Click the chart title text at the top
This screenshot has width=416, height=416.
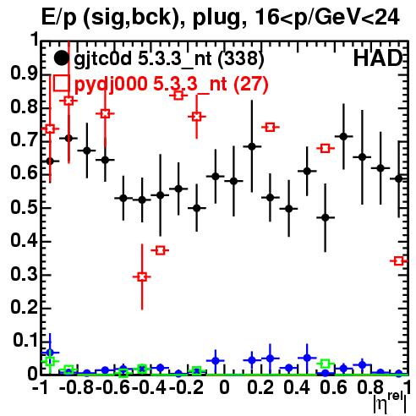pyautogui.click(x=220, y=18)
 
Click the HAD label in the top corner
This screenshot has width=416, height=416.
pyautogui.click(x=378, y=58)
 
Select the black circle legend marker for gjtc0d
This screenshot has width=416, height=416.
pyautogui.click(x=61, y=58)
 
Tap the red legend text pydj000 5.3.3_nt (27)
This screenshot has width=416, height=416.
pyautogui.click(x=171, y=84)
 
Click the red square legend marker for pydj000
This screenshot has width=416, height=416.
pyautogui.click(x=61, y=83)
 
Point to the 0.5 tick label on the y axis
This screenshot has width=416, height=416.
pyautogui.click(x=24, y=207)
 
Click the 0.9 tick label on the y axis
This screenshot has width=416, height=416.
pyautogui.click(x=24, y=74)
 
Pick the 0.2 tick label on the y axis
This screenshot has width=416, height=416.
pyautogui.click(x=24, y=307)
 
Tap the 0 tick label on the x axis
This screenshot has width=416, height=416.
pyautogui.click(x=224, y=387)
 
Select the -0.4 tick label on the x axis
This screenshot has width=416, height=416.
pyautogui.click(x=150, y=387)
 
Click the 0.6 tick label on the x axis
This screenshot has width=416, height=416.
pyautogui.click(x=333, y=387)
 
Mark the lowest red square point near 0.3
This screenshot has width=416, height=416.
pyautogui.click(x=142, y=276)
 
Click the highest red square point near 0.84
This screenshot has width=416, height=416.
pyautogui.click(x=178, y=95)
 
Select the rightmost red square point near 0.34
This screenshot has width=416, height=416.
pyautogui.click(x=398, y=261)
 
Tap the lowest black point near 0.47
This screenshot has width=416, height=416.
pyautogui.click(x=326, y=217)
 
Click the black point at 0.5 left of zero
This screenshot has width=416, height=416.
pyautogui.click(x=197, y=208)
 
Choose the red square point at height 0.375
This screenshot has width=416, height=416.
pyautogui.click(x=160, y=250)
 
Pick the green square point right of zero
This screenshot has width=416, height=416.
pyautogui.click(x=326, y=364)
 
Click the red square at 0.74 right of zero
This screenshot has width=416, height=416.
pyautogui.click(x=270, y=127)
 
